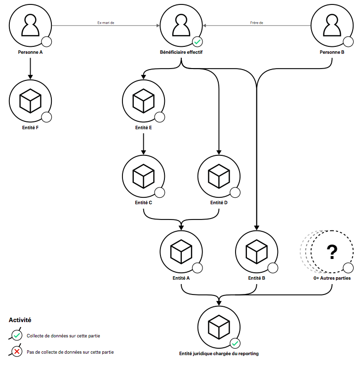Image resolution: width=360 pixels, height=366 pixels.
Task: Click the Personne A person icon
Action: tap(31, 25)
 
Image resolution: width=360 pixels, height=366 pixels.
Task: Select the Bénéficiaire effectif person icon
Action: tap(181, 25)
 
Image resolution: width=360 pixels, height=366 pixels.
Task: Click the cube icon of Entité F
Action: tap(31, 101)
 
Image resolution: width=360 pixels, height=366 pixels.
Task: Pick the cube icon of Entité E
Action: tap(143, 101)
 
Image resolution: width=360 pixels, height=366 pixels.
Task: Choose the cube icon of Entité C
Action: tap(143, 177)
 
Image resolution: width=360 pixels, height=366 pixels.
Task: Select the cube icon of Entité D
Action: tap(219, 177)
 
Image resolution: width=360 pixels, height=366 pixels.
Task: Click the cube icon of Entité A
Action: tap(181, 252)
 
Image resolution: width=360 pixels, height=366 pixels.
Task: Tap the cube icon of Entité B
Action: tap(256, 252)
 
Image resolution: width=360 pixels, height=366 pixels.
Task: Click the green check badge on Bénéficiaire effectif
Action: tap(197, 42)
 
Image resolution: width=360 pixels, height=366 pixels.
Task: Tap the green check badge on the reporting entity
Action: tap(235, 344)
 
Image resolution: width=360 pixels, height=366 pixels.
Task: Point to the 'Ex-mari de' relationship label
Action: tap(106, 22)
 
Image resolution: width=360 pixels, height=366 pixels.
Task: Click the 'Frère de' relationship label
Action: tap(257, 22)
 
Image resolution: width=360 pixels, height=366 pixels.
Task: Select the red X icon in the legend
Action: tap(17, 352)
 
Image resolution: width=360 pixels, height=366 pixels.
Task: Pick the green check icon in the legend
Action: tap(17, 335)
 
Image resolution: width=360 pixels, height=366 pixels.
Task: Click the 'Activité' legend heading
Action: tap(20, 320)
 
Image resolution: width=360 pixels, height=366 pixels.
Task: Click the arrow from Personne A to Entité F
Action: tap(31, 68)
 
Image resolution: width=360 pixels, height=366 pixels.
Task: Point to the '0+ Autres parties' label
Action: tap(332, 278)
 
